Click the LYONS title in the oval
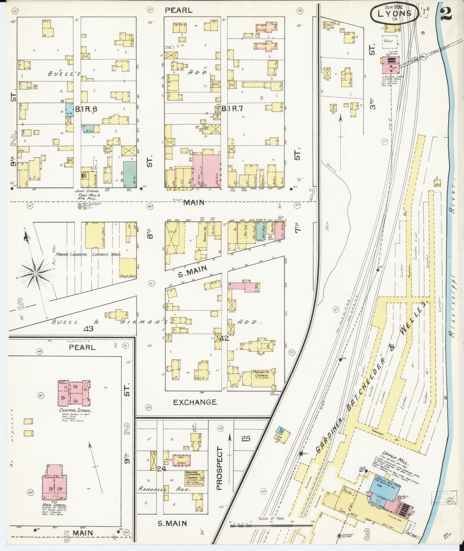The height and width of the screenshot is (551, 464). pos(395,13)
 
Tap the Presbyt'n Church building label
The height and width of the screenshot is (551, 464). pos(258,373)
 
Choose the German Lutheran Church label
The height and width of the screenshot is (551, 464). pos(195,476)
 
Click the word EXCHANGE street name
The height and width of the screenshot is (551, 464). pos(195,402)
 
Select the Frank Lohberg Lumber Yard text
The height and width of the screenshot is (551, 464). pos(88,254)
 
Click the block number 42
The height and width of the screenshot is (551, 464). pos(224,338)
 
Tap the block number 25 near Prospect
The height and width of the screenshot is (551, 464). pos(246,438)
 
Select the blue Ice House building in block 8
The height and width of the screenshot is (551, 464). pos(69,108)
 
